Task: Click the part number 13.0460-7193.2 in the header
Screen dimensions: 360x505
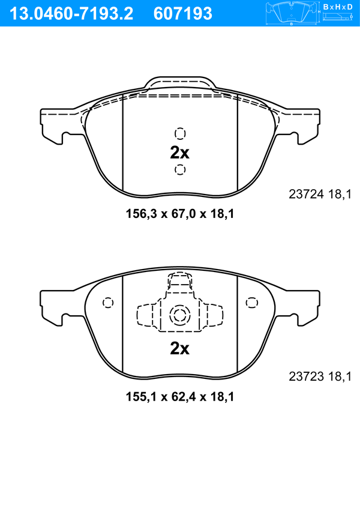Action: pyautogui.click(x=71, y=14)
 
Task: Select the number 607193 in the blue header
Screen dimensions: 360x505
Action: pyautogui.click(x=183, y=14)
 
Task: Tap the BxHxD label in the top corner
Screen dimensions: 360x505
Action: pyautogui.click(x=338, y=7)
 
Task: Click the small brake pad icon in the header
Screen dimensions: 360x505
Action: pyautogui.click(x=291, y=13)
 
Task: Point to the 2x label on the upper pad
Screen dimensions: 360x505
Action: pyautogui.click(x=179, y=153)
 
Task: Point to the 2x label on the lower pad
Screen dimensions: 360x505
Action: pyautogui.click(x=179, y=348)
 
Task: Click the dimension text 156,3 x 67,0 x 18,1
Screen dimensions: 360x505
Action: pyautogui.click(x=180, y=214)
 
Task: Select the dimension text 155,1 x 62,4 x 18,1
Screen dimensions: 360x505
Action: pyautogui.click(x=180, y=396)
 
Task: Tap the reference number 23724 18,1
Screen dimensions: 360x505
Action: pyautogui.click(x=320, y=194)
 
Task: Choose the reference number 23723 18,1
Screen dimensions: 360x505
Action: pyautogui.click(x=320, y=376)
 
